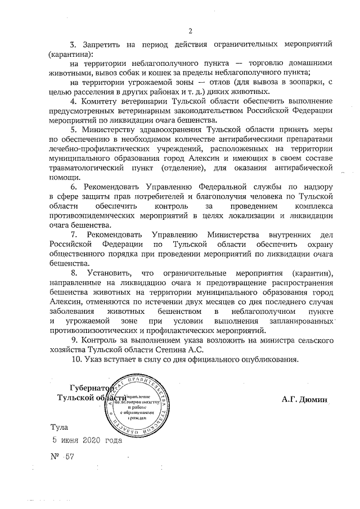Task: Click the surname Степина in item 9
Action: click(x=167, y=349)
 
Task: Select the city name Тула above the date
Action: click(x=58, y=428)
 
